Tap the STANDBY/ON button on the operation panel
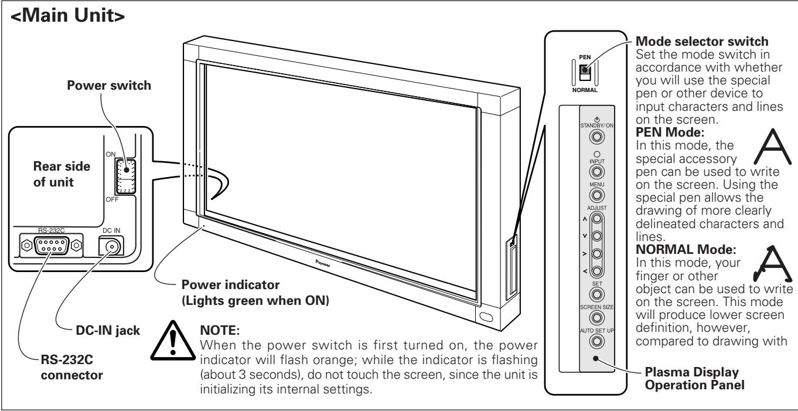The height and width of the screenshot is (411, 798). tap(596, 137)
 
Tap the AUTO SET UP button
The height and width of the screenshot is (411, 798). tap(596, 341)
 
